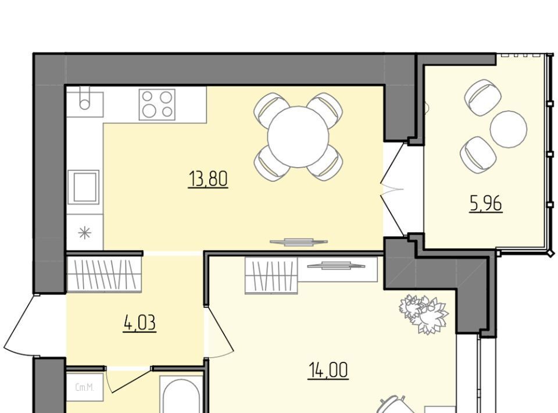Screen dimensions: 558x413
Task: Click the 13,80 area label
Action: click(x=208, y=179)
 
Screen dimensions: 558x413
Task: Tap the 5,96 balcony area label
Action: click(x=486, y=204)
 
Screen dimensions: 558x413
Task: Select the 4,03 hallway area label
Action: click(x=139, y=323)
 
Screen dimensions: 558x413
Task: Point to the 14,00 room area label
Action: click(x=328, y=371)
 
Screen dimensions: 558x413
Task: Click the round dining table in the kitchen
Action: click(x=298, y=137)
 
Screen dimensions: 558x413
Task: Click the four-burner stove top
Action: click(x=157, y=104)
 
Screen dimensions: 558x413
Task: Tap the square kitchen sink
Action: click(x=85, y=187)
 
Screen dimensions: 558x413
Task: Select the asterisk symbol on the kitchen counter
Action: click(x=85, y=233)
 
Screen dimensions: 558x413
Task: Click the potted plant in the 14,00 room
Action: click(x=424, y=314)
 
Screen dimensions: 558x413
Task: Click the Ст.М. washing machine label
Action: click(x=85, y=388)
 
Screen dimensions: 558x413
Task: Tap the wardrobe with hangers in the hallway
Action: click(x=104, y=274)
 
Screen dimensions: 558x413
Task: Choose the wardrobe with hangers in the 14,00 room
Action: click(x=271, y=276)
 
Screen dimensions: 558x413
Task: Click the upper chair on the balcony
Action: click(x=482, y=97)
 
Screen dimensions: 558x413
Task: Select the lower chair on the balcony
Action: click(x=478, y=155)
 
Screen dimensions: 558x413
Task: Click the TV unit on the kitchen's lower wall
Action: click(x=299, y=242)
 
